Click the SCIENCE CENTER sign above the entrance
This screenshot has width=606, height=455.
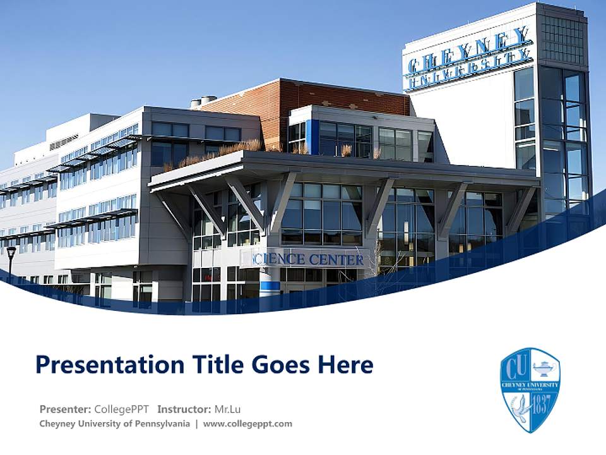(308, 259)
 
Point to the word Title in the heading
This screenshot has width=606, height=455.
(217, 365)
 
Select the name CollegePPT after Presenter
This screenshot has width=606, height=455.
(121, 409)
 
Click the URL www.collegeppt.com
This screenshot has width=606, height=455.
(247, 424)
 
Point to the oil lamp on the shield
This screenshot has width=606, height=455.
(543, 367)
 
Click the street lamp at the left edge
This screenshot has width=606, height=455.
(11, 256)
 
